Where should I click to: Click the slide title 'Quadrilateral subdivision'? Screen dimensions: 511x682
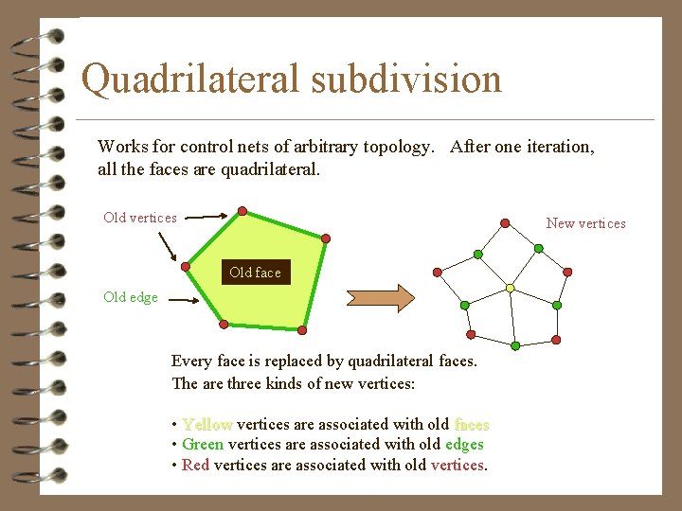[291, 79]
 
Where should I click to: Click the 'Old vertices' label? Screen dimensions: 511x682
[140, 218]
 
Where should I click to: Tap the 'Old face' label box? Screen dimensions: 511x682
[255, 273]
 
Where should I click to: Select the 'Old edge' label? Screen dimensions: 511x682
[131, 297]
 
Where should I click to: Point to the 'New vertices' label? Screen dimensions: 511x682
[585, 223]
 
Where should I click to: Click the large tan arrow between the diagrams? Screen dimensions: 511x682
[380, 297]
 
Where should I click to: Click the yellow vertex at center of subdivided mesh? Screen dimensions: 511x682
[510, 288]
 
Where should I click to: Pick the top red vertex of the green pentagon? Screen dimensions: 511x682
[242, 210]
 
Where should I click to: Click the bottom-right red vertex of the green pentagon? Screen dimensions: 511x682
[302, 330]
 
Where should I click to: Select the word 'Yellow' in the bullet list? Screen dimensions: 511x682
[207, 424]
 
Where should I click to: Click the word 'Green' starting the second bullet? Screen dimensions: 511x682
[203, 444]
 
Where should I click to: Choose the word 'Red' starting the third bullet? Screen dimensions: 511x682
[195, 465]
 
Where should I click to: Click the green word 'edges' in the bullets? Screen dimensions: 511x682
[464, 444]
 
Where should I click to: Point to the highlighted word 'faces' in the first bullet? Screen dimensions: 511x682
[471, 424]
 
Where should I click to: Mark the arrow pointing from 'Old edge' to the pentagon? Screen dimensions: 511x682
[180, 299]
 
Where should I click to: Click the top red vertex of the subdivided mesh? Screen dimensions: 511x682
[505, 224]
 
